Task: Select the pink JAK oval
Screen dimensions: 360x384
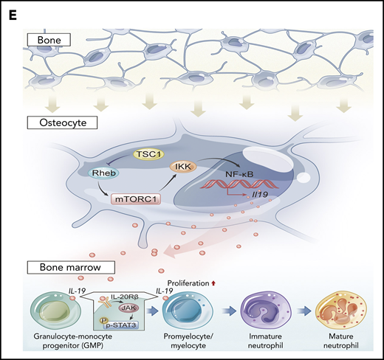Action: tap(129, 311)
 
